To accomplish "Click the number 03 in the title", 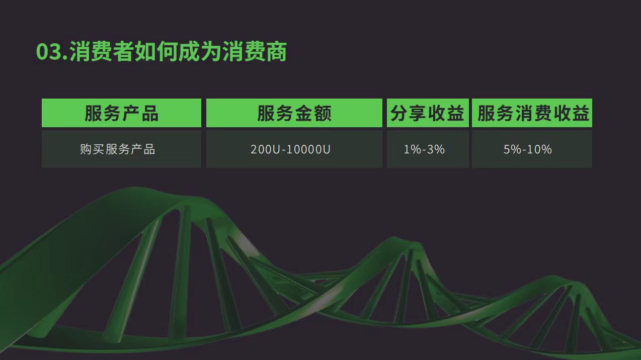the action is (48, 52).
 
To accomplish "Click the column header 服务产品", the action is (122, 113).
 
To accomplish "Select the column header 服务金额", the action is (294, 113).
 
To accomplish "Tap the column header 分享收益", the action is (428, 113).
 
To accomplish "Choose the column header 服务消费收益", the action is (532, 113).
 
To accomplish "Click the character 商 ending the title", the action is (276, 52).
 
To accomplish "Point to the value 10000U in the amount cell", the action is (308, 149).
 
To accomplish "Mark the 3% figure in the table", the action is (436, 149).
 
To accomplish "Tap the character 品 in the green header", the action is (149, 113).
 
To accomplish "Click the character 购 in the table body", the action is (86, 149).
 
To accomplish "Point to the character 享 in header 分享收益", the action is (418, 113).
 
